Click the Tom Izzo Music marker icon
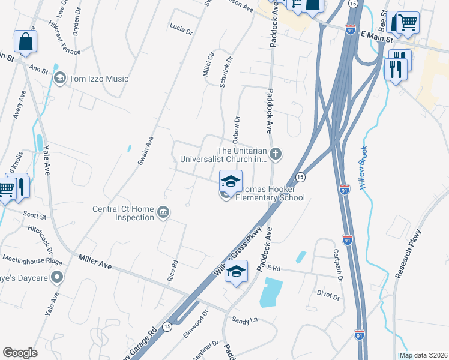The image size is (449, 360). point(59,79)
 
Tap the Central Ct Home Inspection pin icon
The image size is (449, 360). point(163,212)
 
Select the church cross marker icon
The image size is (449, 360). point(276,154)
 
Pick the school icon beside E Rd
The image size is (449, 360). point(237,271)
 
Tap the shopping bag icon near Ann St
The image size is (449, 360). point(25,42)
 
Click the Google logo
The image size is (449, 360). point(20,353)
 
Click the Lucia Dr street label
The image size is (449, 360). point(181,28)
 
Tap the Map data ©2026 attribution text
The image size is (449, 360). point(423,355)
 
